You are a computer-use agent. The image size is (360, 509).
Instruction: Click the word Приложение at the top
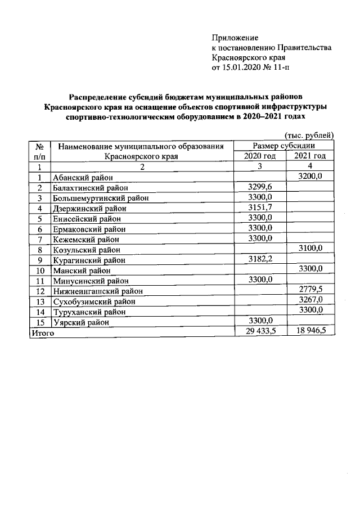[231, 38]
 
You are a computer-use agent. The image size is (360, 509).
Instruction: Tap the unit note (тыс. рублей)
[309, 135]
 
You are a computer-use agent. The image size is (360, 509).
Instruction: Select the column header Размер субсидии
[284, 146]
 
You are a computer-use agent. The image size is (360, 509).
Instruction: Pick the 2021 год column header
[310, 156]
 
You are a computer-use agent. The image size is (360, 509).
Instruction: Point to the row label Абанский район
[83, 178]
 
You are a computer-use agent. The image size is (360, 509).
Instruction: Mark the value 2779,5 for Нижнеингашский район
[310, 290]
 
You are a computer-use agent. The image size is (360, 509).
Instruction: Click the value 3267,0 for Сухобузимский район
[310, 300]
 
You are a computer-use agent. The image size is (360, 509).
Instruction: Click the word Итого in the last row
[42, 333]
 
